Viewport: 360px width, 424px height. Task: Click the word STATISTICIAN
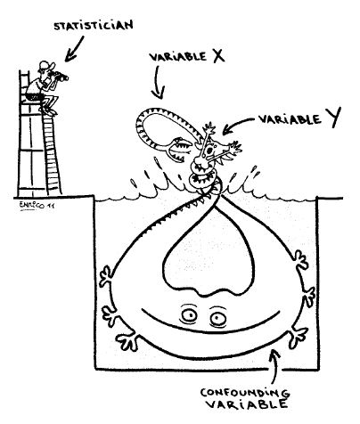click(x=94, y=26)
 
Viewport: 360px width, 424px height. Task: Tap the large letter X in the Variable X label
click(x=218, y=55)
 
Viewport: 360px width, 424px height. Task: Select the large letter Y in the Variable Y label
click(x=332, y=117)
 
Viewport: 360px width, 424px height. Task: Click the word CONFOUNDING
click(x=245, y=393)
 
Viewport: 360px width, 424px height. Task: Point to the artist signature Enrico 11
click(x=37, y=205)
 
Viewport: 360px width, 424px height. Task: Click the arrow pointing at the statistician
click(x=74, y=49)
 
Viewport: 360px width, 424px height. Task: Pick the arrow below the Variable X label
click(x=158, y=83)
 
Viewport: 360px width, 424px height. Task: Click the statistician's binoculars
click(x=61, y=77)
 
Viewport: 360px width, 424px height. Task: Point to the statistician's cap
click(x=45, y=65)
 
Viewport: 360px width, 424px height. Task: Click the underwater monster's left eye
click(x=189, y=315)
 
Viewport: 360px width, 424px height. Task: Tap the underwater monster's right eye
click(x=218, y=318)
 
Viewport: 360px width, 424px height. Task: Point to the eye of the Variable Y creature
click(x=209, y=151)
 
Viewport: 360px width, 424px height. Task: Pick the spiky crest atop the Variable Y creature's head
click(x=210, y=129)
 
